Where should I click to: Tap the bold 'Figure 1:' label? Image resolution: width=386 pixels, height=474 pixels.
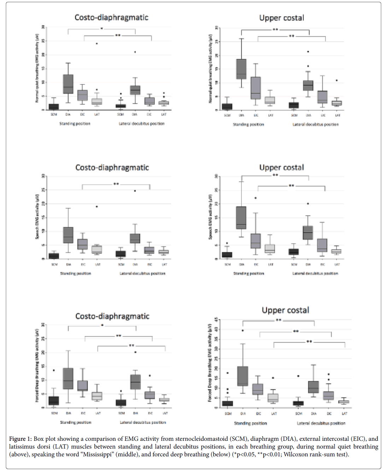tap(21, 439)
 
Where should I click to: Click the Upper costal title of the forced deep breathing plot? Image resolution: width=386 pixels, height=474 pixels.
tap(285, 310)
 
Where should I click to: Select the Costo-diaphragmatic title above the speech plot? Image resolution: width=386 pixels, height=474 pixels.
tap(112, 168)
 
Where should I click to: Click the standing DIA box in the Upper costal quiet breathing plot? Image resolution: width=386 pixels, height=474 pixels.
tap(241, 69)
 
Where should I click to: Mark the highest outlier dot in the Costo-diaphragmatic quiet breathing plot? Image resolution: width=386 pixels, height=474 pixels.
tap(96, 43)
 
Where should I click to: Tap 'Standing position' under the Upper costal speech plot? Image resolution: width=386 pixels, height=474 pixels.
tap(248, 274)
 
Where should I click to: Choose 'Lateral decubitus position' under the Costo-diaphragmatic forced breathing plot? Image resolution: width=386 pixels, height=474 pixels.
tap(143, 422)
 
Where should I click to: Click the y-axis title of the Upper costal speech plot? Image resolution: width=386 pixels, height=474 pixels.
tap(211, 217)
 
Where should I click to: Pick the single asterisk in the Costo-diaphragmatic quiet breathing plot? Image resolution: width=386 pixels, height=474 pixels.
tap(101, 29)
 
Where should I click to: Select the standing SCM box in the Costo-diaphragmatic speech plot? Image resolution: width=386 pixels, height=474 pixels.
tap(54, 256)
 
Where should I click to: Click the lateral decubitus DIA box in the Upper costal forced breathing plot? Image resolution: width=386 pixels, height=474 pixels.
tap(314, 387)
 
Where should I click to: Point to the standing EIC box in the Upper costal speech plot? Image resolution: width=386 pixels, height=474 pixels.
tap(256, 241)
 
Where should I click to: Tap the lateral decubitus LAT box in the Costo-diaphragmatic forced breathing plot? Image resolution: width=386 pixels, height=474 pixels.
tap(164, 400)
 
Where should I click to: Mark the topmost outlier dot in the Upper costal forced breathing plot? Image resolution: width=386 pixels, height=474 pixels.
tap(242, 330)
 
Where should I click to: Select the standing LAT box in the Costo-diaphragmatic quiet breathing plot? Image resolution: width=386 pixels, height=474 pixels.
tap(96, 101)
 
